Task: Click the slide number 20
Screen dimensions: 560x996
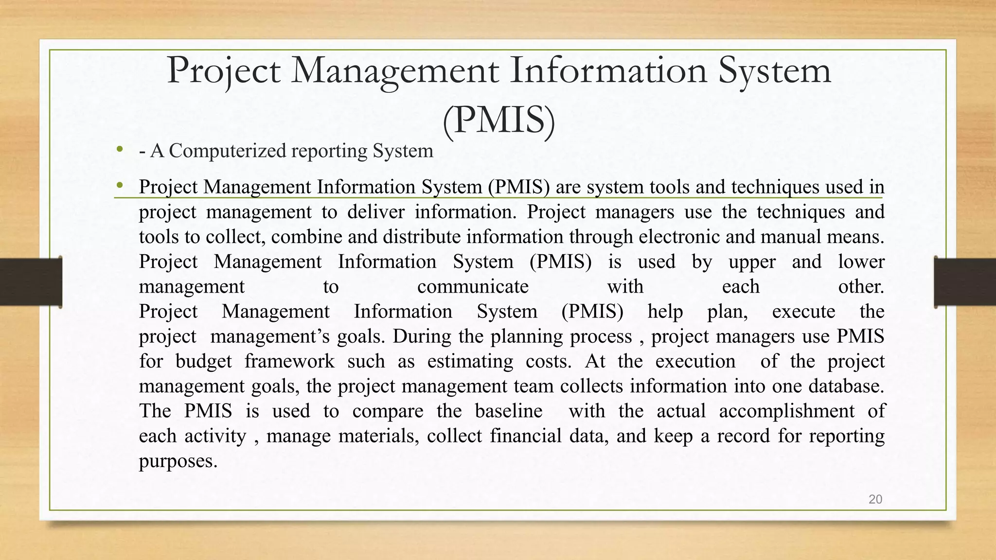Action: (875, 499)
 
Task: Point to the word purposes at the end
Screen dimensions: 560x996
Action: (178, 461)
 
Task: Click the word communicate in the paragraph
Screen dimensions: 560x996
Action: (473, 286)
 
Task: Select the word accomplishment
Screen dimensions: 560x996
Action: (786, 411)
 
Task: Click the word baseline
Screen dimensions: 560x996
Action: (508, 411)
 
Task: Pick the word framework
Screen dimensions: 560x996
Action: (289, 361)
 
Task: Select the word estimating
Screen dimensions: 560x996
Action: (470, 361)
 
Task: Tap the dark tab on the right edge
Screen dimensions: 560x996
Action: (965, 282)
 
